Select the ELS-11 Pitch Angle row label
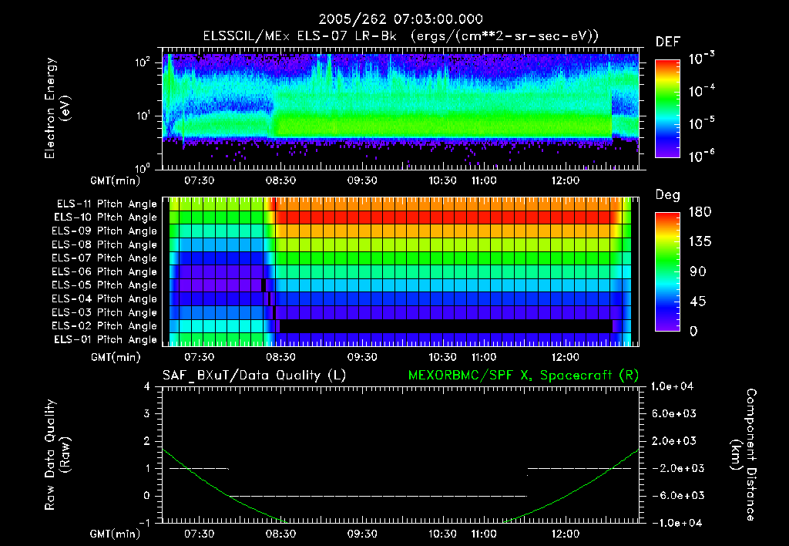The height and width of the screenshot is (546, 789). point(106,204)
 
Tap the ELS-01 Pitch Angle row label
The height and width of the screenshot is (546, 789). point(106,339)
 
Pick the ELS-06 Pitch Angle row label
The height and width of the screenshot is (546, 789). point(106,271)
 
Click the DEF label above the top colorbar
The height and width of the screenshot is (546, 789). point(667,42)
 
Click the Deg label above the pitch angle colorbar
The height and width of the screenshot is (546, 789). point(667,195)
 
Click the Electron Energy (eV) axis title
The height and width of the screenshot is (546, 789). point(57,110)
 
